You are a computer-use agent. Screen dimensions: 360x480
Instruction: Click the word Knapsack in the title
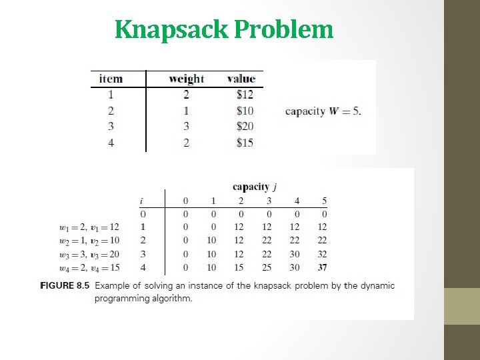coord(171,29)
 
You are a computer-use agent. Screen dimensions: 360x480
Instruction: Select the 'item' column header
coord(111,79)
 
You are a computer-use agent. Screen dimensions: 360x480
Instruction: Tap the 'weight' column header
coord(187,79)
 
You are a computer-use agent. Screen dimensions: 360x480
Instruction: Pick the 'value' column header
coord(241,79)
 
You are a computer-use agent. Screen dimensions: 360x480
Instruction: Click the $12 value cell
coord(245,95)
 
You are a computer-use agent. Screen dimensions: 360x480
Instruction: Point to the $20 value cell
coord(245,126)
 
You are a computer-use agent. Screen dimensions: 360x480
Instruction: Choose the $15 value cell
coord(245,142)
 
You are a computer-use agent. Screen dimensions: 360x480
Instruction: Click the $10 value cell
coord(245,111)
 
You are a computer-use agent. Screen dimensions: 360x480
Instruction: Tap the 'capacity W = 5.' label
coord(323,111)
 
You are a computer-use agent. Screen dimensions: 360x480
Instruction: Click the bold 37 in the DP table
coord(322,267)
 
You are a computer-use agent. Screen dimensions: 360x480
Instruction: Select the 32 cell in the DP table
coord(322,254)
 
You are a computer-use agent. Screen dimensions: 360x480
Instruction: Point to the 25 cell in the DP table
coord(267,267)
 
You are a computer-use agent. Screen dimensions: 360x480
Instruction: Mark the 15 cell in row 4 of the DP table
coord(239,267)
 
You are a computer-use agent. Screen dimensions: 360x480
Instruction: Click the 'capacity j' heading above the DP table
coord(255,187)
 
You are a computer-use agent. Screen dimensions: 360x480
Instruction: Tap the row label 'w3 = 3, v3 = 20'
coord(89,254)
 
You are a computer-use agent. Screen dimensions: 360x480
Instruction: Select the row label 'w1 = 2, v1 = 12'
coord(89,227)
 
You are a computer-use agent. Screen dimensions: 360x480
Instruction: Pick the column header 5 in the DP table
coord(324,201)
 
